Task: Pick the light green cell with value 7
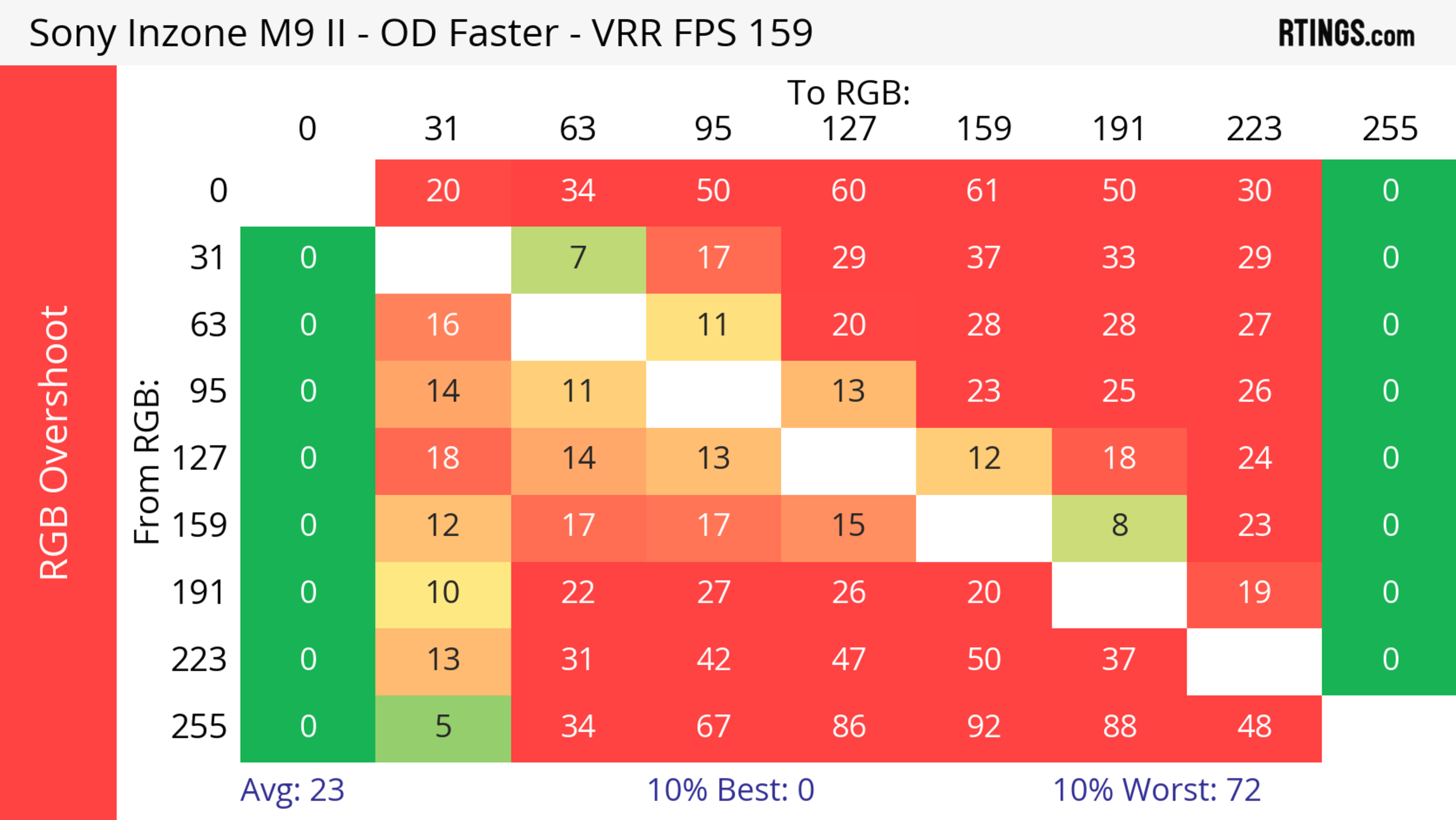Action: tap(577, 258)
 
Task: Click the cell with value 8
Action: tap(1119, 526)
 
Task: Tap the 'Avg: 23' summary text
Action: tap(292, 790)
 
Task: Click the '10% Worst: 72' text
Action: tap(1156, 790)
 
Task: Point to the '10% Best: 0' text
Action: tap(730, 790)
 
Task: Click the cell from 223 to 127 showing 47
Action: tap(849, 660)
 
